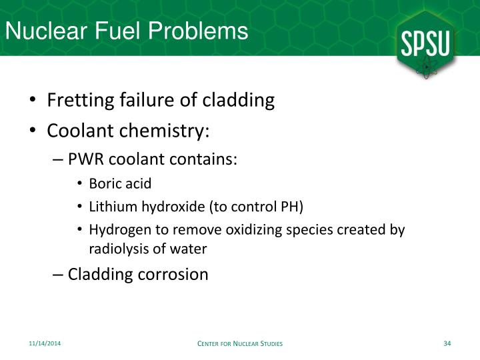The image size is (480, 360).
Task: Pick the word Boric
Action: click(x=103, y=184)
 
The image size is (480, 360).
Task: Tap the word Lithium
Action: click(x=109, y=207)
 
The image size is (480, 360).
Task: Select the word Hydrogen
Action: click(x=115, y=229)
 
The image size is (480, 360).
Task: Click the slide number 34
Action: click(x=447, y=343)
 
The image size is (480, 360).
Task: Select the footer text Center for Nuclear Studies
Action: click(x=241, y=343)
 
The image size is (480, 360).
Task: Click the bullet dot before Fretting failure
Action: click(x=33, y=101)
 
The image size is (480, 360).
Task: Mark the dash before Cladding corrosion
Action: click(x=58, y=274)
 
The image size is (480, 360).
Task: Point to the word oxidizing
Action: click(x=235, y=229)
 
